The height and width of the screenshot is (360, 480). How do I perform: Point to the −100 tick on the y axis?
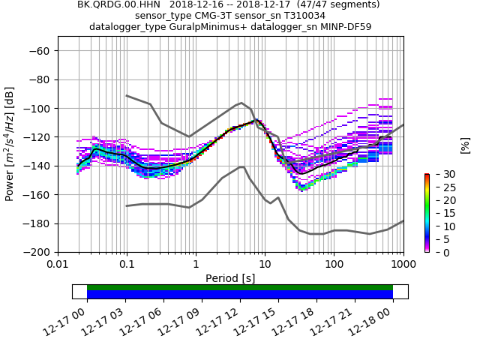coord(39,108)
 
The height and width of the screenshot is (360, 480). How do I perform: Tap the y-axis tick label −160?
coord(39,194)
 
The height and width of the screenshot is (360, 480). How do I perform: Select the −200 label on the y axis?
coord(39,252)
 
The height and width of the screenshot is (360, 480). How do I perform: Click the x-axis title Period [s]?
coord(230,278)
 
